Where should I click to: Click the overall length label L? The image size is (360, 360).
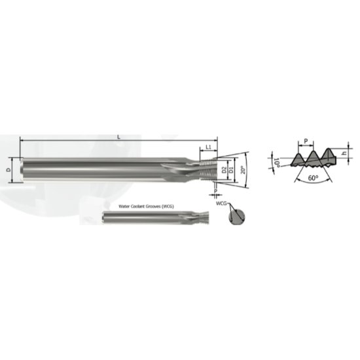point(118,136)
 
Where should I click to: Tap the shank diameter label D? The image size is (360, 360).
point(9,170)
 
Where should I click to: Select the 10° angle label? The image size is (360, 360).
point(276,161)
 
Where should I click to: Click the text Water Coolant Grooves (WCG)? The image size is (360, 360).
point(145,206)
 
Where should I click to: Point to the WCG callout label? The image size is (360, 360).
point(221,205)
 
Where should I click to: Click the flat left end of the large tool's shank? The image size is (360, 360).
point(23,170)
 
